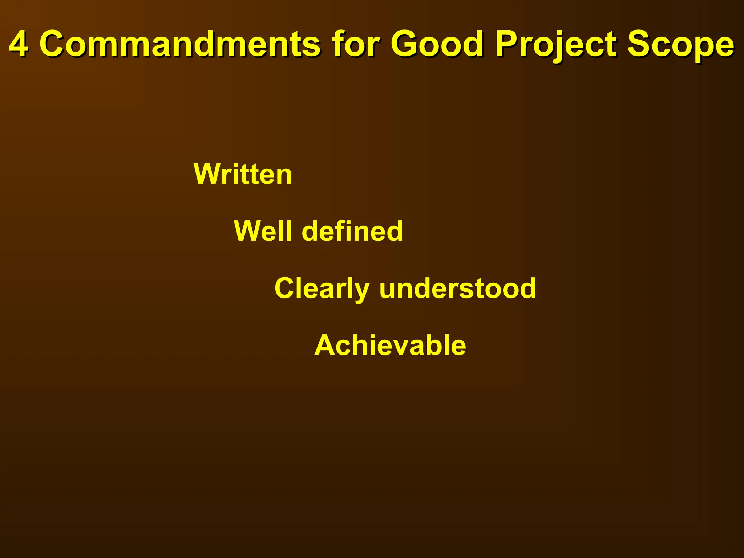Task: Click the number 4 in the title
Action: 18,44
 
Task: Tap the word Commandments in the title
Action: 179,44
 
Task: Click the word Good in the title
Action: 437,44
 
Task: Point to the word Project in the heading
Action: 555,44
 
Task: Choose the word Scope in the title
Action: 680,44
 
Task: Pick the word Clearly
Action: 322,288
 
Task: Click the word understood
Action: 458,288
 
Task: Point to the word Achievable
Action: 390,345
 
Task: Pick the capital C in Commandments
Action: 54,44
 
